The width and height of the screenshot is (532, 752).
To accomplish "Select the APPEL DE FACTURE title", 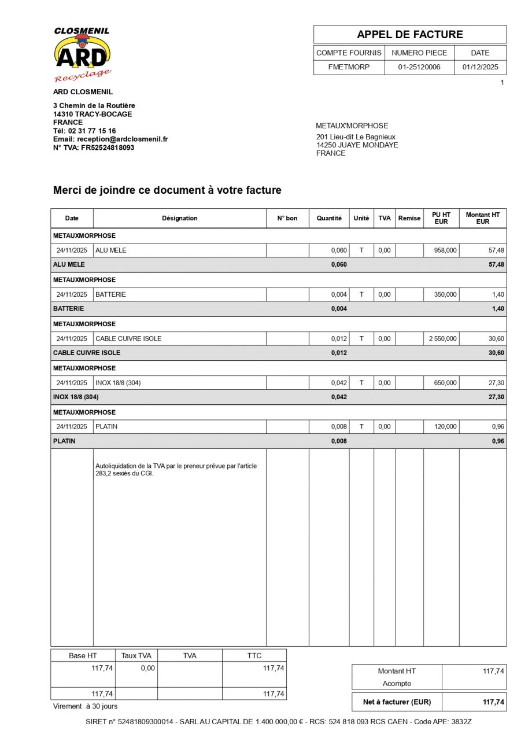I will pyautogui.click(x=409, y=35).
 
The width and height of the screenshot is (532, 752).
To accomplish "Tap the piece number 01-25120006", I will pyautogui.click(x=419, y=67).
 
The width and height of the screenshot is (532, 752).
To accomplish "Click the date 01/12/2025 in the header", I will pyautogui.click(x=480, y=67).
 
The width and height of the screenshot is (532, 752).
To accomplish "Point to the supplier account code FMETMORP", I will pyautogui.click(x=349, y=67).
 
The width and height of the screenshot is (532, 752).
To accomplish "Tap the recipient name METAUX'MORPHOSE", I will pyautogui.click(x=352, y=126).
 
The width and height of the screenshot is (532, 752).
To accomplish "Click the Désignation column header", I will pyautogui.click(x=179, y=218).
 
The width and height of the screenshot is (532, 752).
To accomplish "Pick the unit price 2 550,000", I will pyautogui.click(x=442, y=338).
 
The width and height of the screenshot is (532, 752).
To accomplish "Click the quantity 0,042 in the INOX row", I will pyautogui.click(x=339, y=383).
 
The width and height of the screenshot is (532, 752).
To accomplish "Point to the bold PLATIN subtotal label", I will pyautogui.click(x=64, y=441).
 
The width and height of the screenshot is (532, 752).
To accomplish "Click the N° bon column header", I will pyautogui.click(x=287, y=218).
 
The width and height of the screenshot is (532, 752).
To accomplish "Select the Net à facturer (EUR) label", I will pyautogui.click(x=397, y=702).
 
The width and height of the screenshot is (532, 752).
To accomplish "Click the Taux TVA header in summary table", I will pyautogui.click(x=136, y=655).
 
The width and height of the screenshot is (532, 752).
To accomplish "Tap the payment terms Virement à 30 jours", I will pyautogui.click(x=85, y=706).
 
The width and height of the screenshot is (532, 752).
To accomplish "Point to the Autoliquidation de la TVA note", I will pyautogui.click(x=176, y=469).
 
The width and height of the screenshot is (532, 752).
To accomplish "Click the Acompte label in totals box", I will pyautogui.click(x=397, y=683).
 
